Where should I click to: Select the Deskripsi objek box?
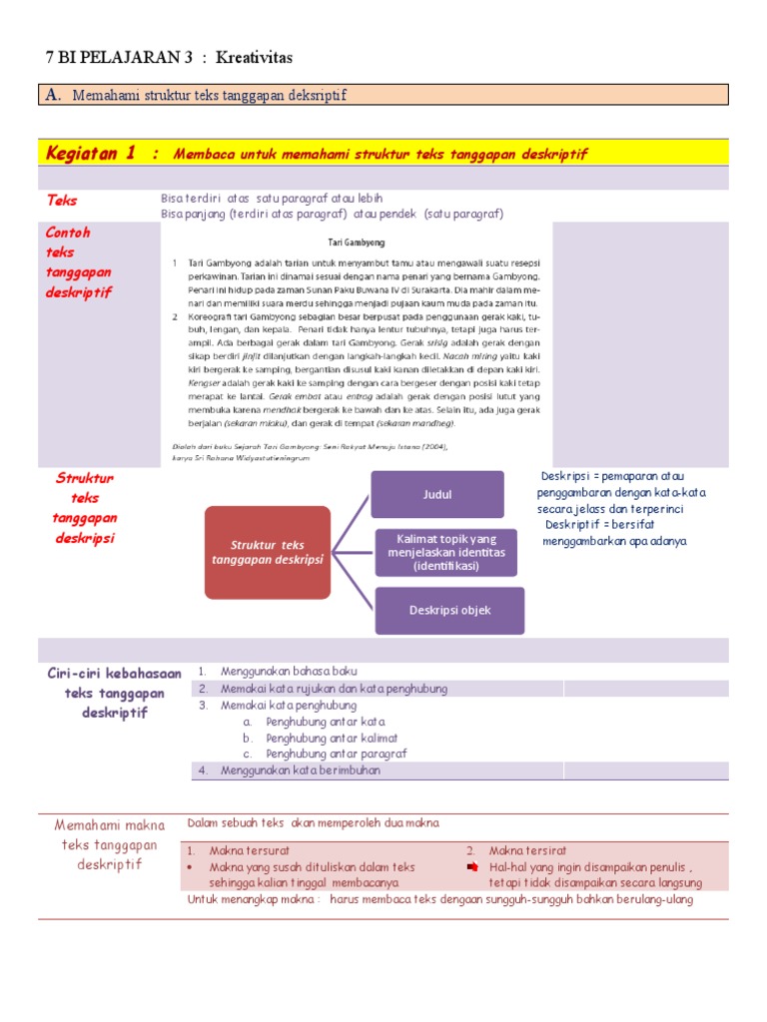point(449,610)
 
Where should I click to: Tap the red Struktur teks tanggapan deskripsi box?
point(267,552)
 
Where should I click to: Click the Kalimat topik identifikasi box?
point(444,552)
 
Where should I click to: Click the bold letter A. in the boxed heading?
point(53,95)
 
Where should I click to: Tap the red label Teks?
point(62,201)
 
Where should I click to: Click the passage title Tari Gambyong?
point(357,243)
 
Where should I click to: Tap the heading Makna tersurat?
point(249,851)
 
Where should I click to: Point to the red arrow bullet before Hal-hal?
point(473,867)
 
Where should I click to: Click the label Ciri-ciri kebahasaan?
point(115,674)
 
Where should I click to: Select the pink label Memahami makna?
point(110,825)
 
